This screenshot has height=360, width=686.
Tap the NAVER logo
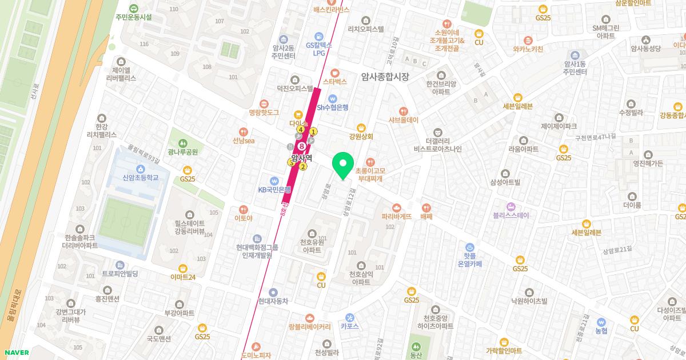[x=15, y=353]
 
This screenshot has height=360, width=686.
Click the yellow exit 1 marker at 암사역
[x=313, y=132]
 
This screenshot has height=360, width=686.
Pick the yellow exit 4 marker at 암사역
[x=301, y=130]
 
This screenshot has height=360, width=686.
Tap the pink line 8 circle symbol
[x=301, y=146]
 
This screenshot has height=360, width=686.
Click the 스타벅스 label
[x=335, y=82]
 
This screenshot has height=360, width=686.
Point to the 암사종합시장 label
[x=385, y=77]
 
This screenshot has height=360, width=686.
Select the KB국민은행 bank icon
[x=274, y=180]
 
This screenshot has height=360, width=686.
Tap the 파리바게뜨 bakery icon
[x=397, y=207]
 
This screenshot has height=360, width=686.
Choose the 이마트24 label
[x=183, y=277]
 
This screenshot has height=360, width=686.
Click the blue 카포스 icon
[x=349, y=318]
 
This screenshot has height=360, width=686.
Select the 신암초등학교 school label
[x=140, y=178]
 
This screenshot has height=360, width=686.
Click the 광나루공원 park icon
[x=182, y=143]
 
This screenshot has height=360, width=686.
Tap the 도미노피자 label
[x=256, y=355]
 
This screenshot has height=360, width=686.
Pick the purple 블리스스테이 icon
[x=510, y=206]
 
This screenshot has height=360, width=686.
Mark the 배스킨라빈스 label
[x=331, y=10]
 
